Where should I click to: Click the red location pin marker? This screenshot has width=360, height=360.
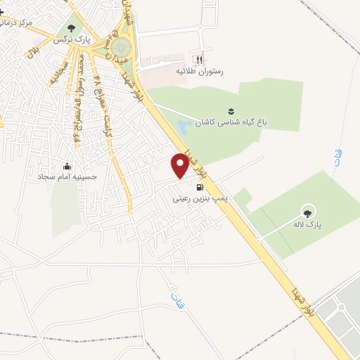tap(181, 165)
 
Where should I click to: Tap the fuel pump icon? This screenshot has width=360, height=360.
tap(200, 188)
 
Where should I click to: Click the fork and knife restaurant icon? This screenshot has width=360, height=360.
tap(199, 60)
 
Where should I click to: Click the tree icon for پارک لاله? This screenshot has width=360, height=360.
tap(307, 210)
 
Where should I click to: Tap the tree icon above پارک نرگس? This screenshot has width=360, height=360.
tap(70, 28)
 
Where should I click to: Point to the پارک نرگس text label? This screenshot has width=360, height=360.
tap(74, 40)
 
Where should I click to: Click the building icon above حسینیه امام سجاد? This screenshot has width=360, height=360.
tap(67, 166)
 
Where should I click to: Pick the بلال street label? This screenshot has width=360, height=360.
tap(32, 51)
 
